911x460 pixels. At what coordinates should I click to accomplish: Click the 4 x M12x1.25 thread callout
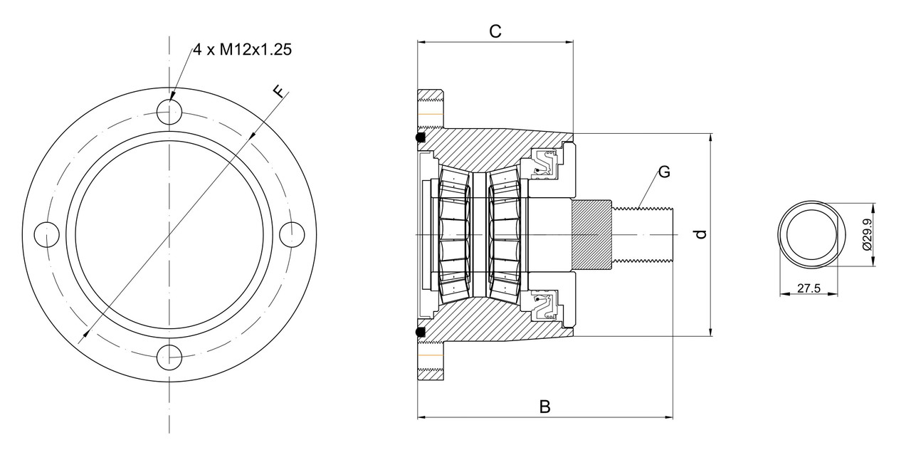point(242,50)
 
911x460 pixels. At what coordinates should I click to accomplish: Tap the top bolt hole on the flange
point(169,113)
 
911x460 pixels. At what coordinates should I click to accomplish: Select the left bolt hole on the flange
point(47,234)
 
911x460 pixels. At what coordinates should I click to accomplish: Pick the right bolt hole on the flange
point(291,234)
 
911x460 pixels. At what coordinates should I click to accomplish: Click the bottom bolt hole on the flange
point(169,356)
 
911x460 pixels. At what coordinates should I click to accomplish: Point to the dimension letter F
point(279,92)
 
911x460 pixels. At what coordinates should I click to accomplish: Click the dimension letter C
point(495,31)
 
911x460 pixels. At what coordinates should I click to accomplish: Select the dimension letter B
point(544,407)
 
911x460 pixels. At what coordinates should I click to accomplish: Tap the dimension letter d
point(701,234)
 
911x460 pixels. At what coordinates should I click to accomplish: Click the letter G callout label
point(663,172)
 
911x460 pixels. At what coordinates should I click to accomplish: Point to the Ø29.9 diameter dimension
point(866,234)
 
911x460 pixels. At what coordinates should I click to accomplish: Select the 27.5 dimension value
point(809,288)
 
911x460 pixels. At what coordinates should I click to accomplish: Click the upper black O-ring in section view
point(421,137)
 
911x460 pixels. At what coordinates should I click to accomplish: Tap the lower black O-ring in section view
point(421,332)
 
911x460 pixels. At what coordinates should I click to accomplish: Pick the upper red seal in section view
point(545,163)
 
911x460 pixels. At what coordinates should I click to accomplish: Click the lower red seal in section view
point(545,305)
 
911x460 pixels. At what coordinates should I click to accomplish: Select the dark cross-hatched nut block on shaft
point(591,234)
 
